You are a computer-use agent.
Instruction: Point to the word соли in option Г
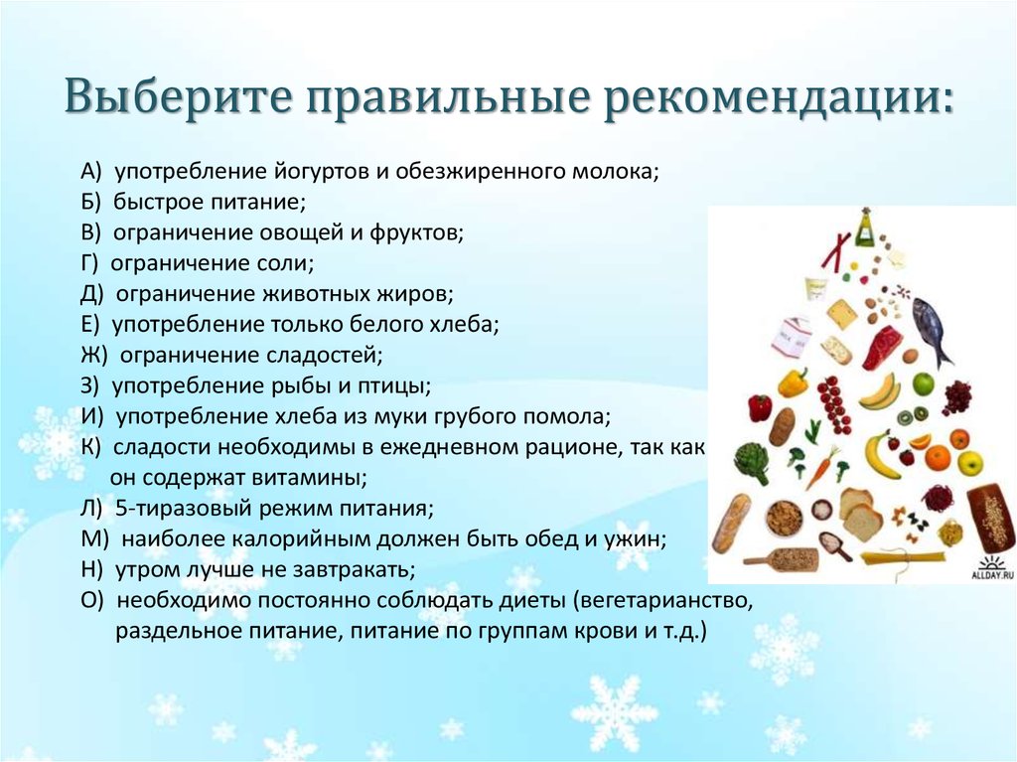pyautogui.click(x=289, y=264)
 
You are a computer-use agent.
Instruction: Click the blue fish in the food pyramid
pyautogui.click(x=931, y=329)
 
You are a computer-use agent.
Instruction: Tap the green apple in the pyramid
pyautogui.click(x=923, y=383)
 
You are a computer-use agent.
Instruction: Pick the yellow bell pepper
pyautogui.click(x=793, y=381)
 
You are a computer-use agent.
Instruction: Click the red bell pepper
pyautogui.click(x=760, y=407)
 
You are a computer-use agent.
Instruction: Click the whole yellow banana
pyautogui.click(x=879, y=454)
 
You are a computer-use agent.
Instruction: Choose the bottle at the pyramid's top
pyautogui.click(x=865, y=228)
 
